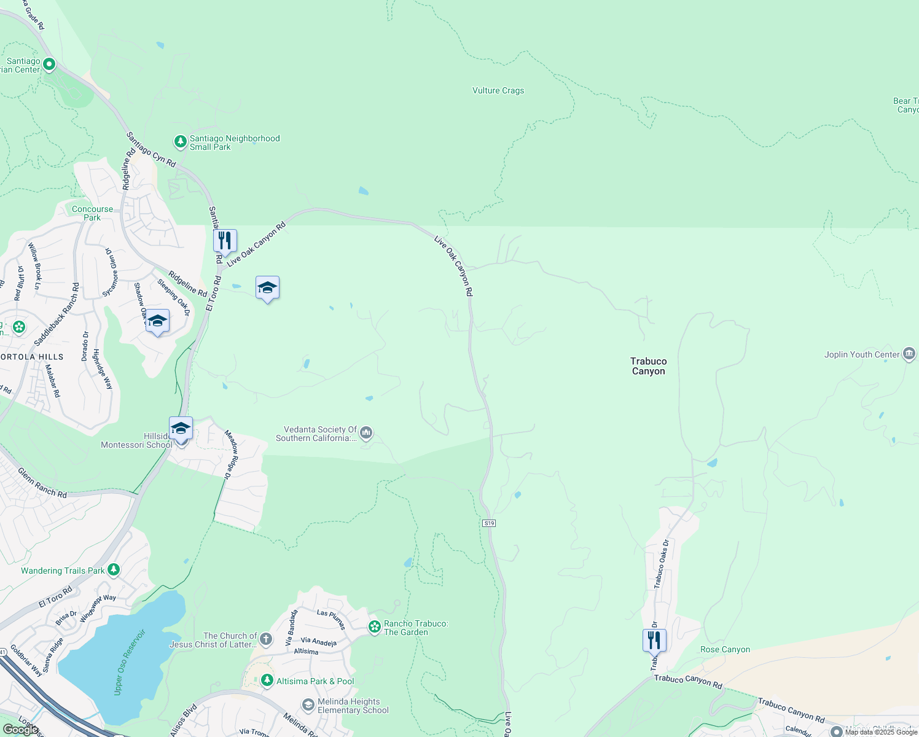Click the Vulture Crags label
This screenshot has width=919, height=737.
click(x=498, y=90)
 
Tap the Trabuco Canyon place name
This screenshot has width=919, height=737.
click(x=648, y=366)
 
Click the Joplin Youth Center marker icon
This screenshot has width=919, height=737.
click(x=909, y=354)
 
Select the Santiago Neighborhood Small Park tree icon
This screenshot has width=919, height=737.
click(x=180, y=142)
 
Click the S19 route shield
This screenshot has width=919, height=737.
click(x=488, y=523)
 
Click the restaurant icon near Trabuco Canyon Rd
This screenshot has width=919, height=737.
click(x=654, y=640)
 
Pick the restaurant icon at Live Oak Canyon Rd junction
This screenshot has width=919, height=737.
click(x=225, y=240)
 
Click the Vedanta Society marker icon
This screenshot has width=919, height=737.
click(x=366, y=434)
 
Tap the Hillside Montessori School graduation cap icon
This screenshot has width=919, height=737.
click(x=181, y=427)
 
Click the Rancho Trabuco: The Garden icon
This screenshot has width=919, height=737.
click(x=374, y=627)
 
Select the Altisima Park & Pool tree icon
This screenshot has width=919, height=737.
click(x=267, y=680)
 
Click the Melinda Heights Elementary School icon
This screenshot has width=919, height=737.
click(x=308, y=705)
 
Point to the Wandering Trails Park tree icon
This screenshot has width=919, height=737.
click(x=114, y=570)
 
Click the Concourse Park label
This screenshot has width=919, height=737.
click(x=92, y=213)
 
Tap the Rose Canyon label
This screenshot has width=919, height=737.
click(x=725, y=649)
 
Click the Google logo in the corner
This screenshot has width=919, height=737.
click(x=21, y=729)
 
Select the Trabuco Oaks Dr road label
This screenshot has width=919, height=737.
click(x=661, y=564)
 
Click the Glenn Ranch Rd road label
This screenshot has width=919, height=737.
click(x=42, y=483)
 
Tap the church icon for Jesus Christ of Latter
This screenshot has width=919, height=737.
click(x=265, y=639)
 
